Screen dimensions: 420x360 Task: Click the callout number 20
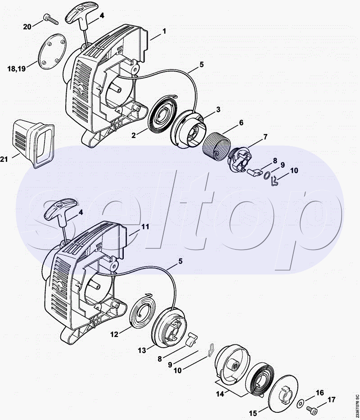pos(27,27)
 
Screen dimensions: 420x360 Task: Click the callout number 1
pos(164,31)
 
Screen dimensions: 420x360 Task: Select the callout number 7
pos(265,136)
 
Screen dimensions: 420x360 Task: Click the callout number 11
pos(145,227)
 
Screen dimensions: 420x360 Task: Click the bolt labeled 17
pos(311,409)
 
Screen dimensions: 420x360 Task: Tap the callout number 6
pos(241,122)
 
